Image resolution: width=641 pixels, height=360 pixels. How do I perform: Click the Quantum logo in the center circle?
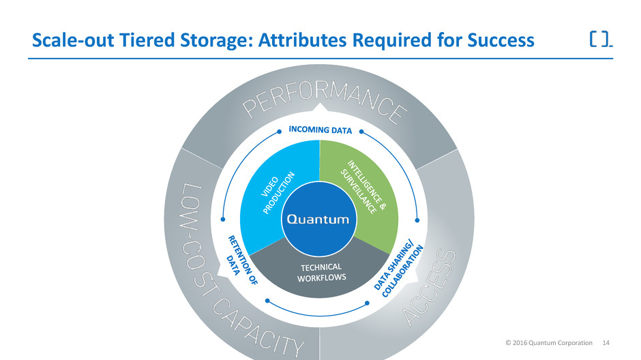click(x=319, y=219)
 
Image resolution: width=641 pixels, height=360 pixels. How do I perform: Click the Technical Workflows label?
click(x=320, y=271)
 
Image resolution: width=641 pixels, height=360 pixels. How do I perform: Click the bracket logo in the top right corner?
click(x=600, y=40)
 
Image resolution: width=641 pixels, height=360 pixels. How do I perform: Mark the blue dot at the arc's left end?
click(x=223, y=220)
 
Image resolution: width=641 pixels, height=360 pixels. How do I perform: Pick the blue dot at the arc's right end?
click(x=417, y=220)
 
